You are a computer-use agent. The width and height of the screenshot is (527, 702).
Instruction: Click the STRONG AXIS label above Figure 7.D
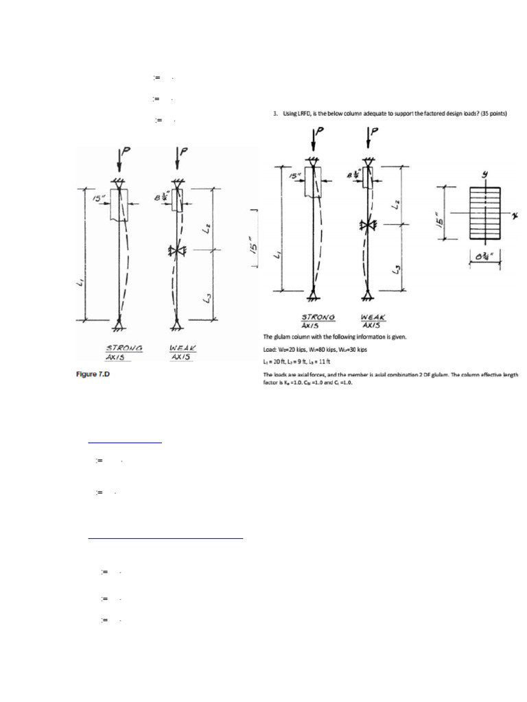tap(124, 352)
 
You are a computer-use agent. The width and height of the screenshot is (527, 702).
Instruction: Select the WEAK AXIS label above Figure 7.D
tap(183, 352)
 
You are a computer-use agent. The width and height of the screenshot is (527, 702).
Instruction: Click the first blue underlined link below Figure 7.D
tap(125, 442)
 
